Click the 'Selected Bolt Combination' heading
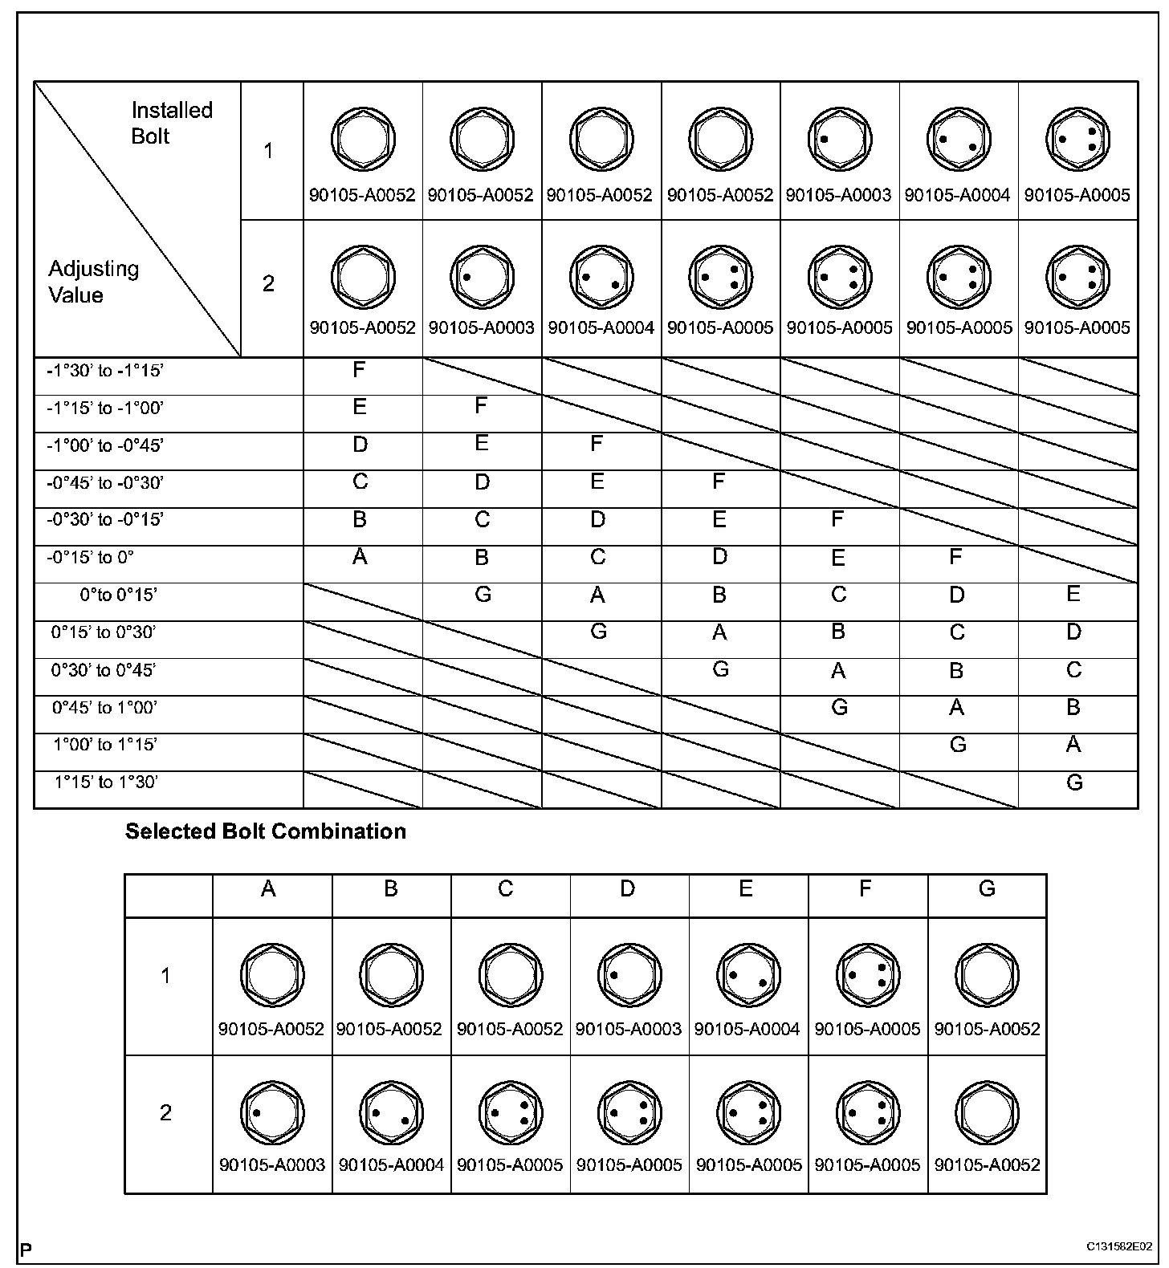[x=265, y=831]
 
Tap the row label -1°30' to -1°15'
[x=104, y=371]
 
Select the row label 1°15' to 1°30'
[x=106, y=782]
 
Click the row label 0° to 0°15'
[x=118, y=595]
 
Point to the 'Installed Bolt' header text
[x=171, y=123]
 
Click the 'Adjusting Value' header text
[x=93, y=282]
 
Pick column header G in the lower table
[x=987, y=888]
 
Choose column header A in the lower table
[x=269, y=888]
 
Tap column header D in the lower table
[x=628, y=888]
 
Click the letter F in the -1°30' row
[x=359, y=370]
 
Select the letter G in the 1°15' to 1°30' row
[x=1074, y=782]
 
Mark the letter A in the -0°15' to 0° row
[x=360, y=557]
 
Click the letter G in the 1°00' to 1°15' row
[x=957, y=745]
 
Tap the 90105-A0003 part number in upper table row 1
[x=838, y=195]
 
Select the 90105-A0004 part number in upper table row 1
[x=957, y=195]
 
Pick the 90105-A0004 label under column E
[x=747, y=1029]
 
